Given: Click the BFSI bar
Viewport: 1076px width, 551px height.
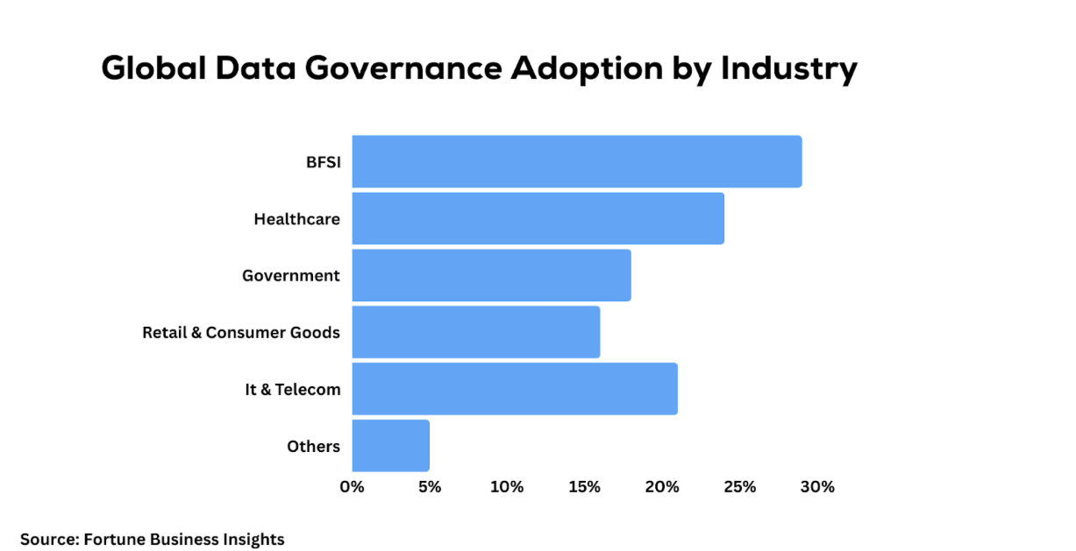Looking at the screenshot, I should click(x=576, y=161).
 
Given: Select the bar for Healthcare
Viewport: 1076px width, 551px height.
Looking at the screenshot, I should click(x=538, y=218).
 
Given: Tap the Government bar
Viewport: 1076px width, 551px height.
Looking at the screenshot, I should click(x=491, y=275).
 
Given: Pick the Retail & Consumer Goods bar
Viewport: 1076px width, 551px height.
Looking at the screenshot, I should click(x=475, y=332).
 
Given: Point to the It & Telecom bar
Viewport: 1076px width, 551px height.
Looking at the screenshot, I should click(x=515, y=389).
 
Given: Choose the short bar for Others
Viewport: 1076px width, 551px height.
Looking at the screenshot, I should click(x=390, y=446).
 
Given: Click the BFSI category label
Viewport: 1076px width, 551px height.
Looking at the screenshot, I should click(x=322, y=162).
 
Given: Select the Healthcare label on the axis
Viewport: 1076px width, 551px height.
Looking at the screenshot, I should click(x=296, y=219).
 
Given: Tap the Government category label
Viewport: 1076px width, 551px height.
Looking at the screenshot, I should click(x=290, y=276).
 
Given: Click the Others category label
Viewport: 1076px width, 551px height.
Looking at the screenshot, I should click(x=313, y=447).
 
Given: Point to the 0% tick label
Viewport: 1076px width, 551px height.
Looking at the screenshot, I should click(x=352, y=487).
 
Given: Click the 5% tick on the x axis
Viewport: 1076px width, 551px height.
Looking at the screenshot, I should click(x=429, y=487).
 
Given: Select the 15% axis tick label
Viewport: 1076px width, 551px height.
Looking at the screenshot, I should click(x=584, y=487).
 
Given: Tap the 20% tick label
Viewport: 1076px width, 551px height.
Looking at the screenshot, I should click(x=662, y=487).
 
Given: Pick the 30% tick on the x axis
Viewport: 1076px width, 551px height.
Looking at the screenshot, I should click(x=817, y=487).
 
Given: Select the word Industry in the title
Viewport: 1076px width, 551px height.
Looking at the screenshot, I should click(x=788, y=69).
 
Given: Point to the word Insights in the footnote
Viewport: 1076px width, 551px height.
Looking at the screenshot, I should click(x=255, y=540).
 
